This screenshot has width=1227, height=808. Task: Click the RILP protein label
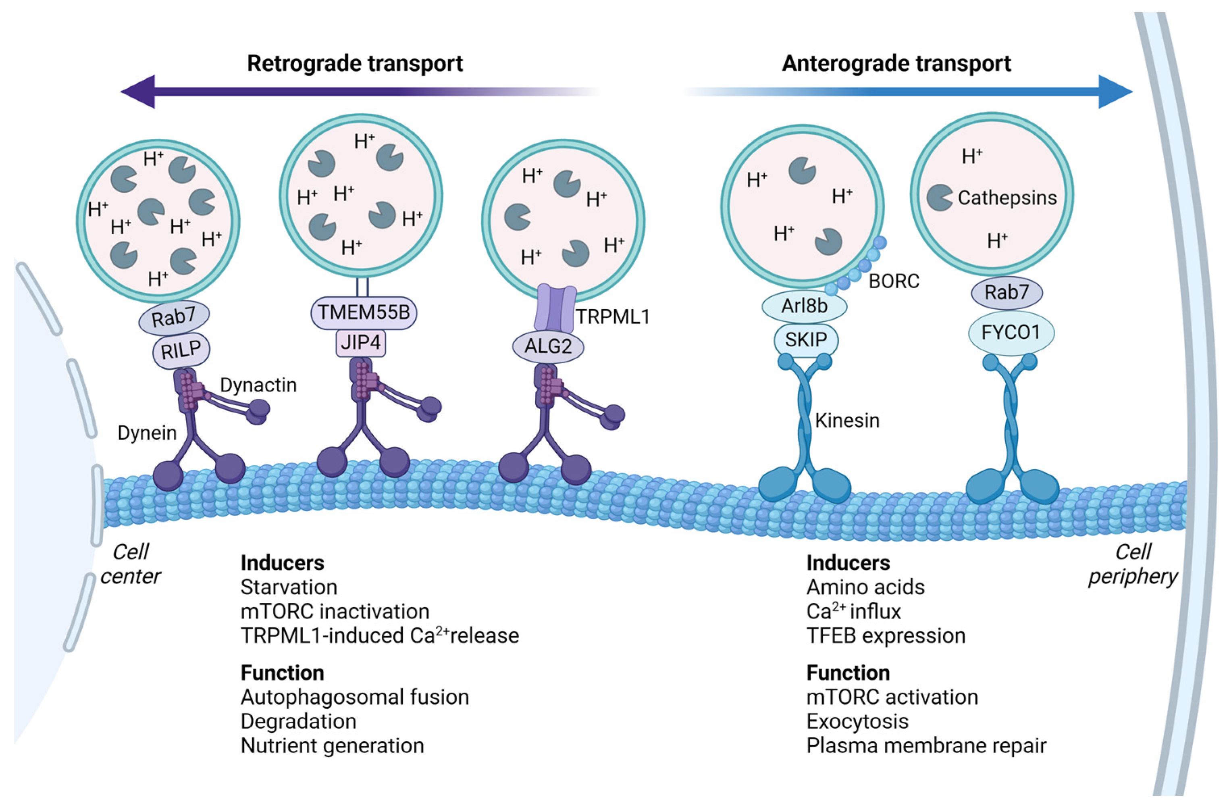point(181,351)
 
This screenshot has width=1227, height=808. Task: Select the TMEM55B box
point(364,312)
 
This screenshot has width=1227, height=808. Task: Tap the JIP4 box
point(360,342)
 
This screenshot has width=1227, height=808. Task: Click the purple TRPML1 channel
point(555,309)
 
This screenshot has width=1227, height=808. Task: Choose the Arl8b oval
point(804,306)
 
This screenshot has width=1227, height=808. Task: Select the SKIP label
point(805,340)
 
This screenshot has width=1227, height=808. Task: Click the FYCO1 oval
point(1011,333)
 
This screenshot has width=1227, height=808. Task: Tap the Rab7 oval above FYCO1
point(1007,292)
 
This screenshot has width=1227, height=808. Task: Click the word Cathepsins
point(1007,198)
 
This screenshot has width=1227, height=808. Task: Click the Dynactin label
point(258,385)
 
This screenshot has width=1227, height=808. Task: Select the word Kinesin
point(847,421)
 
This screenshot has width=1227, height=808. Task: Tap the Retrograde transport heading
point(355,63)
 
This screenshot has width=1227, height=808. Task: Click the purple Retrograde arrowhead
point(138,92)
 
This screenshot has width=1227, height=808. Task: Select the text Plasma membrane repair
point(926,746)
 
